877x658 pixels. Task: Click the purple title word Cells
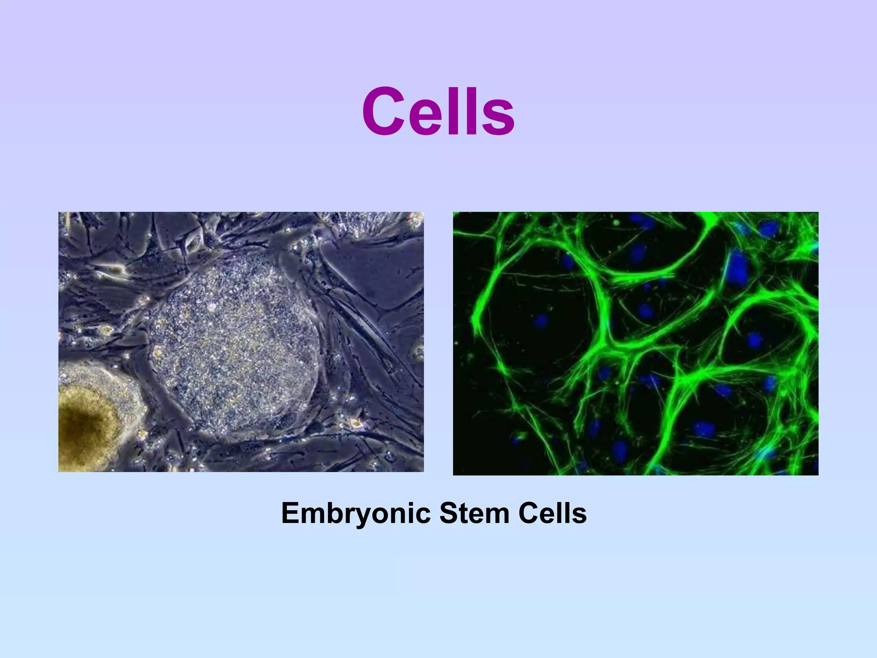[438, 112]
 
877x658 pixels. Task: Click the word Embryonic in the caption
[356, 513]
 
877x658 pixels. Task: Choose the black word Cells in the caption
[552, 513]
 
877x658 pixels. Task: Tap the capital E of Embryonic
[291, 513]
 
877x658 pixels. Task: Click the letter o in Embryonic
[382, 516]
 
